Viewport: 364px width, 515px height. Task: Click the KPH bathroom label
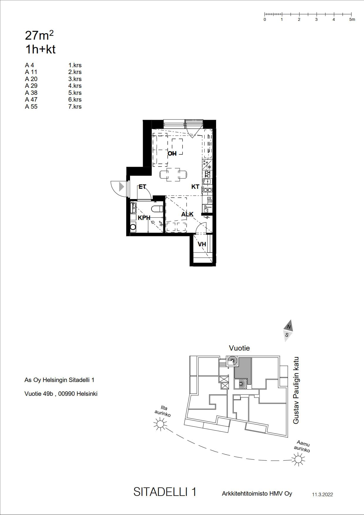point(144,218)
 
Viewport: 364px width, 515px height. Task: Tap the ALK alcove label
point(187,214)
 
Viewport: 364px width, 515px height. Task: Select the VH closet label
point(202,244)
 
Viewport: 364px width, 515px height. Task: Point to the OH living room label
point(172,153)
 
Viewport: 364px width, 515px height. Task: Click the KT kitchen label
point(195,186)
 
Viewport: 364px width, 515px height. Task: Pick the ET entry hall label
point(142,186)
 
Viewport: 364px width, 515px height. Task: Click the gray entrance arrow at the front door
point(122,186)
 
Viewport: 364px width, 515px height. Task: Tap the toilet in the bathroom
point(157,209)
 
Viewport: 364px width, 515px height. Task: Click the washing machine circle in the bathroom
point(133,227)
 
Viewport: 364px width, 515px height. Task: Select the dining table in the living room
point(173,175)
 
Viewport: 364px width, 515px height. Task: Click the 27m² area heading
point(39,36)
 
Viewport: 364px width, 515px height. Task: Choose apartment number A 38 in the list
point(31,93)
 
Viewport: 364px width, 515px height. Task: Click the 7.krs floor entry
point(75,107)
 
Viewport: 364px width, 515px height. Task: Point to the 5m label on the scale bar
point(352,19)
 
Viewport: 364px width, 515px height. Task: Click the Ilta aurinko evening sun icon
point(160,424)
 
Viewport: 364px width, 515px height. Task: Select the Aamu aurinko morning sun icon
point(299,459)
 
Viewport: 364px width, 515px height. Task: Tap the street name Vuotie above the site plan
point(239,348)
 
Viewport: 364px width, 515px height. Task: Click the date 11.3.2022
point(322,494)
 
